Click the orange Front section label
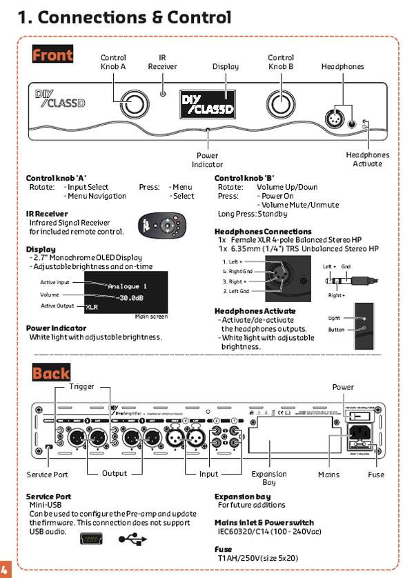52,54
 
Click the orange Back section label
51,373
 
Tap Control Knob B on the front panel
281,103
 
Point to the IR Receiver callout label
162,63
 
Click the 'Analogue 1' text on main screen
127,285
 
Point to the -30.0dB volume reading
129,297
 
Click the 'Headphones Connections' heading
263,232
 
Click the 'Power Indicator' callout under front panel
207,160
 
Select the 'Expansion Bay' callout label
269,478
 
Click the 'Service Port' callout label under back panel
48,475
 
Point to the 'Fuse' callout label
376,475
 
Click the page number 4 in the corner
4,569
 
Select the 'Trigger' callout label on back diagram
81,387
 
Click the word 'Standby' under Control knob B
274,215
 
